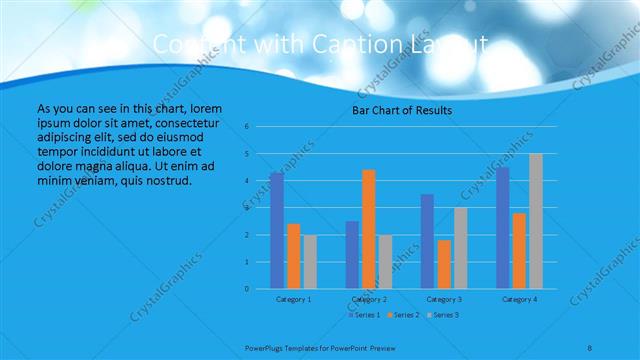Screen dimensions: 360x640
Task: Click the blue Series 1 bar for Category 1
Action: pos(277,230)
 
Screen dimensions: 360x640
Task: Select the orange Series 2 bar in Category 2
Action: pos(369,229)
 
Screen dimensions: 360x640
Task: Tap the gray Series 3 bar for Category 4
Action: pos(536,221)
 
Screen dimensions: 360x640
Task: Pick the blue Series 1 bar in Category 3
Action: pos(427,241)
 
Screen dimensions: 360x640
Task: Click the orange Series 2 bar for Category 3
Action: pos(444,264)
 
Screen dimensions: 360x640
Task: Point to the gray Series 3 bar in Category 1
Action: pos(310,262)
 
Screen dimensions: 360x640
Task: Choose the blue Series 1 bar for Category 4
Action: pos(503,228)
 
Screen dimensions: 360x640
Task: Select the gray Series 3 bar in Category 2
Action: pos(386,262)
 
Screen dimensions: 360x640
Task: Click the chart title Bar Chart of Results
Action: pos(402,110)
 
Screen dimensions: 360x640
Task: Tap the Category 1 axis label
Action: pos(293,299)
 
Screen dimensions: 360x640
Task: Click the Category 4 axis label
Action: pos(519,299)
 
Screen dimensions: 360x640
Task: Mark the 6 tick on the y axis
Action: pos(260,127)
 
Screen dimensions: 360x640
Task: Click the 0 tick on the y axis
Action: pos(260,289)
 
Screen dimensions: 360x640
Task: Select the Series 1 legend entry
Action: pos(363,315)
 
